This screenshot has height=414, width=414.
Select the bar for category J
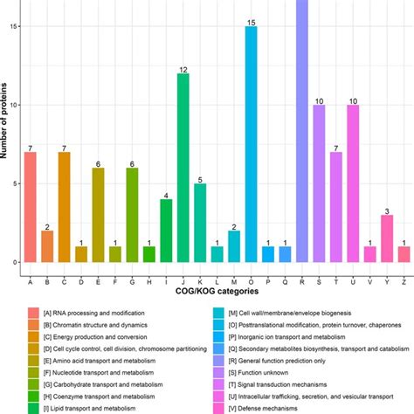point(183,168)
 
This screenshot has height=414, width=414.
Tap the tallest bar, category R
point(302,131)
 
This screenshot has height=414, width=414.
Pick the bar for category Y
point(387,238)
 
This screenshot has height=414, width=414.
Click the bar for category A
point(30,207)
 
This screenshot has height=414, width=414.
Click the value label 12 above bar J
point(183,68)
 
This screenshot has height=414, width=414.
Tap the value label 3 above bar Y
point(387,210)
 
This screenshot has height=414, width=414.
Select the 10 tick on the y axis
point(13,105)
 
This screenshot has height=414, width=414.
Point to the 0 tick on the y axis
point(13,262)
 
